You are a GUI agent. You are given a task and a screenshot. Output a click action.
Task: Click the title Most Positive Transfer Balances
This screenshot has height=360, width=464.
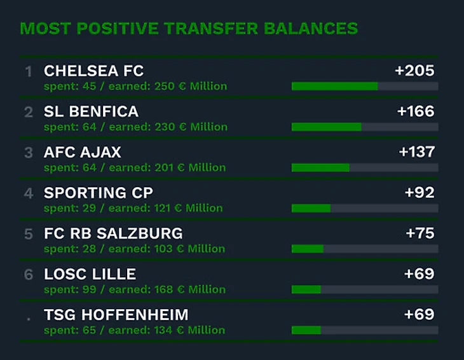click(x=189, y=29)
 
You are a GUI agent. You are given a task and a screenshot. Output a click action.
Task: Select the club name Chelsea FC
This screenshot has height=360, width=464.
click(x=94, y=71)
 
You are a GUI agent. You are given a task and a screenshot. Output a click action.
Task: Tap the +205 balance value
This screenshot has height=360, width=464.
click(x=414, y=71)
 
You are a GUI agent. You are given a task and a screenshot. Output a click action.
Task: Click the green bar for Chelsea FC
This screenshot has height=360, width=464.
click(x=334, y=86)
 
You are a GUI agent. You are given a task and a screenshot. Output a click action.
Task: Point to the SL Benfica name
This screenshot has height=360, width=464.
click(x=91, y=112)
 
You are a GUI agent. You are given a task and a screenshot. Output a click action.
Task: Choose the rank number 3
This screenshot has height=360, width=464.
click(x=28, y=153)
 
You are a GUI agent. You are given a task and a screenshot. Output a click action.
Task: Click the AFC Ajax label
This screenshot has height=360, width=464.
click(x=83, y=153)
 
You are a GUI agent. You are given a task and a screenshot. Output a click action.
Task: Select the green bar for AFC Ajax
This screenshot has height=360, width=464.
click(x=320, y=167)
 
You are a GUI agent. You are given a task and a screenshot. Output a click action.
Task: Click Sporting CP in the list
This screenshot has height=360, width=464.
click(x=99, y=193)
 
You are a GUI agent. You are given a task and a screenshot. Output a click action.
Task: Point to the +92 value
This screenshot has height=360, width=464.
click(x=420, y=193)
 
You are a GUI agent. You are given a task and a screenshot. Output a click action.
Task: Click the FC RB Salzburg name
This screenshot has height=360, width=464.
click(x=113, y=233)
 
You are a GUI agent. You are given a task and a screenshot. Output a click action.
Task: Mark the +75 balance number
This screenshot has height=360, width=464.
click(x=420, y=233)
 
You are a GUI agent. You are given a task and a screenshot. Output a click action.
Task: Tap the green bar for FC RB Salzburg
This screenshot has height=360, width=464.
click(x=308, y=249)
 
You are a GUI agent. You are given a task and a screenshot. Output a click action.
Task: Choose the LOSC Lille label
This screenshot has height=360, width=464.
click(x=90, y=274)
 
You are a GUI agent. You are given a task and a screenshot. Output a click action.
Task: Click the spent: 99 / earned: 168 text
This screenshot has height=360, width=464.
click(x=135, y=289)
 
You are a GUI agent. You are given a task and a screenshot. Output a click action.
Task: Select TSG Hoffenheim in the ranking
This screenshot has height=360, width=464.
click(x=116, y=315)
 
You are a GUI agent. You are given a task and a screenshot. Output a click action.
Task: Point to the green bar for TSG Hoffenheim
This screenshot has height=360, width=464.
click(x=306, y=330)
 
